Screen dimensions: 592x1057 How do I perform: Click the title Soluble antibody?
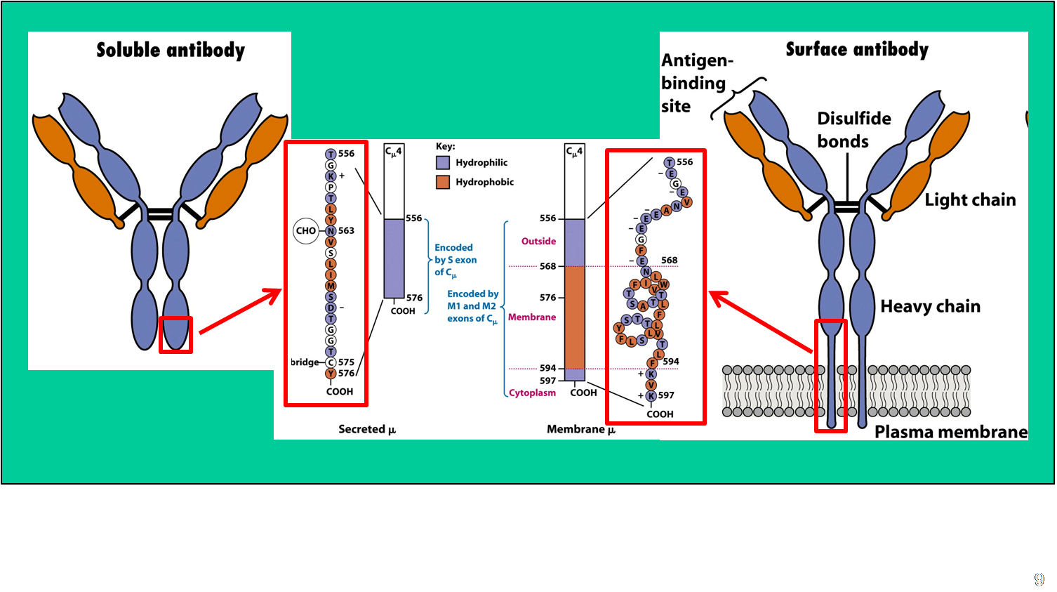click(x=171, y=51)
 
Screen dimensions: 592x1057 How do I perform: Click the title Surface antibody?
click(x=856, y=50)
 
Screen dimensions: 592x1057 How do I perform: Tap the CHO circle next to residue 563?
click(x=306, y=230)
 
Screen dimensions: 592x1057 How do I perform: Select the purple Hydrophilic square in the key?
click(x=443, y=163)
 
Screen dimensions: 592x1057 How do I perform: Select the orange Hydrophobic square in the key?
click(x=443, y=183)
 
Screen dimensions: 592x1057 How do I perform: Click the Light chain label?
click(x=970, y=200)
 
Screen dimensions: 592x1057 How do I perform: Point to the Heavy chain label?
click(x=930, y=306)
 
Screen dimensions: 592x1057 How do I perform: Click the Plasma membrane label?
click(x=950, y=432)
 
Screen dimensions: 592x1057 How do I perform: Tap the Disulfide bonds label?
click(x=853, y=130)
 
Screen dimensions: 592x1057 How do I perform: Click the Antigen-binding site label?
click(x=695, y=84)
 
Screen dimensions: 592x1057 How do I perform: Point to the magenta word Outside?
click(x=538, y=242)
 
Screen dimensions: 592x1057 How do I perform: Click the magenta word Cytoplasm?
click(x=532, y=393)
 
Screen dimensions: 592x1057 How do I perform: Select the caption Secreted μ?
click(x=367, y=429)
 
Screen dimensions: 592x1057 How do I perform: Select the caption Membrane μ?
click(x=581, y=429)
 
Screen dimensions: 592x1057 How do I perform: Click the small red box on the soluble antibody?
click(x=175, y=335)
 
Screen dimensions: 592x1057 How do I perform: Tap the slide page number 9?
click(x=1039, y=579)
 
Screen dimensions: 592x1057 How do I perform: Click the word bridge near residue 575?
click(x=305, y=362)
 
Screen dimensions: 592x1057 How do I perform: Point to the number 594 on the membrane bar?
click(x=547, y=368)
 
